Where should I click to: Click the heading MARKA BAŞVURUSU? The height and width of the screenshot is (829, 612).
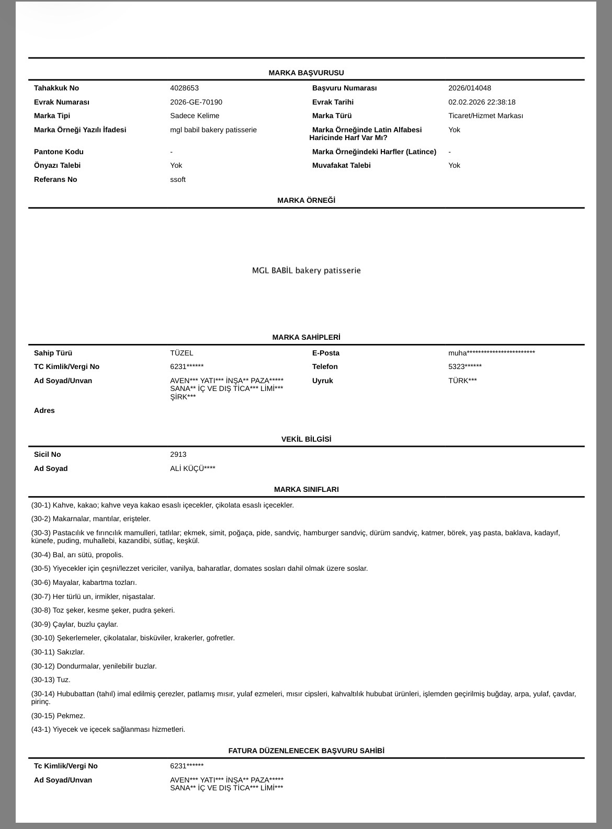(x=306, y=73)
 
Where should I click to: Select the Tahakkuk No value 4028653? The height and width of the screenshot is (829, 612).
(x=184, y=88)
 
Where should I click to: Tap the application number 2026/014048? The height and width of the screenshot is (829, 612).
(x=469, y=88)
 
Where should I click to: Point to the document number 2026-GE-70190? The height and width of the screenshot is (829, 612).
(x=196, y=102)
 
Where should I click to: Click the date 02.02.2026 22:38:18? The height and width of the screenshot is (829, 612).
(x=481, y=102)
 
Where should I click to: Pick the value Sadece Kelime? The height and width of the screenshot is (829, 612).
(x=195, y=116)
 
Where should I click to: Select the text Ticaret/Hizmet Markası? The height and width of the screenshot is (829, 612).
(x=485, y=116)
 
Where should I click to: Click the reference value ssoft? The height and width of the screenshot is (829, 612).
(x=178, y=179)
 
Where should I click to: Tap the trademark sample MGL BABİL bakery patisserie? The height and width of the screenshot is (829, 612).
(x=306, y=270)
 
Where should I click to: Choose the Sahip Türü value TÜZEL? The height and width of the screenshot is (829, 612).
(x=182, y=353)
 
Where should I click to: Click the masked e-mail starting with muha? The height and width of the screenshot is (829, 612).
(x=491, y=353)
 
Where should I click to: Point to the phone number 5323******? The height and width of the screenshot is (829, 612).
(x=464, y=366)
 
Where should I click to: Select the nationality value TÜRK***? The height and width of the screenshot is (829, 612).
(x=462, y=381)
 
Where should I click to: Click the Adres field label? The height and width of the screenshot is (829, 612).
(x=44, y=410)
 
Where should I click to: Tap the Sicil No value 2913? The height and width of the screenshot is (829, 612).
(x=178, y=454)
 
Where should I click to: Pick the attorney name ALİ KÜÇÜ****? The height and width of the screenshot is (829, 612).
(x=192, y=468)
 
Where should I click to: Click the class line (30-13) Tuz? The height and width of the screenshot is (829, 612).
(x=51, y=680)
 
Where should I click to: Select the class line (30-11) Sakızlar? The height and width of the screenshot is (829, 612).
(x=58, y=652)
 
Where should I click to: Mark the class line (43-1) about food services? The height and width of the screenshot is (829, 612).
(x=108, y=729)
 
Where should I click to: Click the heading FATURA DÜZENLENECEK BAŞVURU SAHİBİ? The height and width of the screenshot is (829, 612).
(x=306, y=751)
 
